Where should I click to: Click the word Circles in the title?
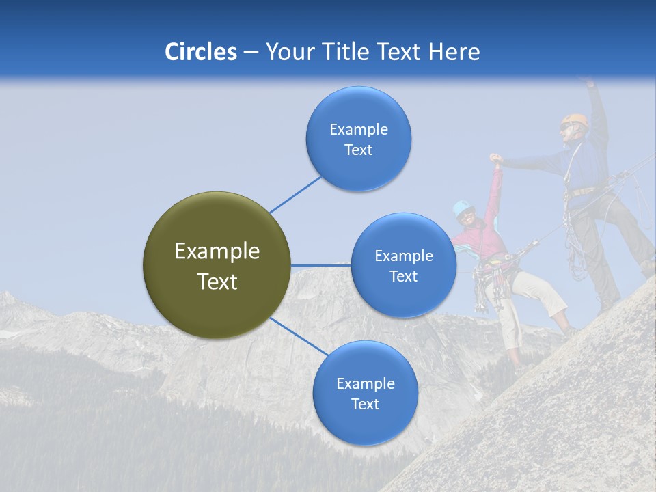[x=200, y=52]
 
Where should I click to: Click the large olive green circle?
[x=217, y=265]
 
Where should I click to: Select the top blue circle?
[x=358, y=139]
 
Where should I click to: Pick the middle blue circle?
[x=403, y=265]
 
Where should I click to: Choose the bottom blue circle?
[x=365, y=393]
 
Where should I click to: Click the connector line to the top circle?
[x=295, y=194]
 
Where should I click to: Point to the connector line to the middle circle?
[x=320, y=265]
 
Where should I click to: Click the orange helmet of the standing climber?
[x=578, y=120]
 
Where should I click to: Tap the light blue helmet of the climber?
[x=463, y=207]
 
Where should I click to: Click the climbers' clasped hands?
[x=495, y=160]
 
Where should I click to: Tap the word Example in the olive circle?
[x=217, y=251]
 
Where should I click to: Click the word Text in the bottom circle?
[x=365, y=404]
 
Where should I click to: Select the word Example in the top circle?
[x=358, y=129]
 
